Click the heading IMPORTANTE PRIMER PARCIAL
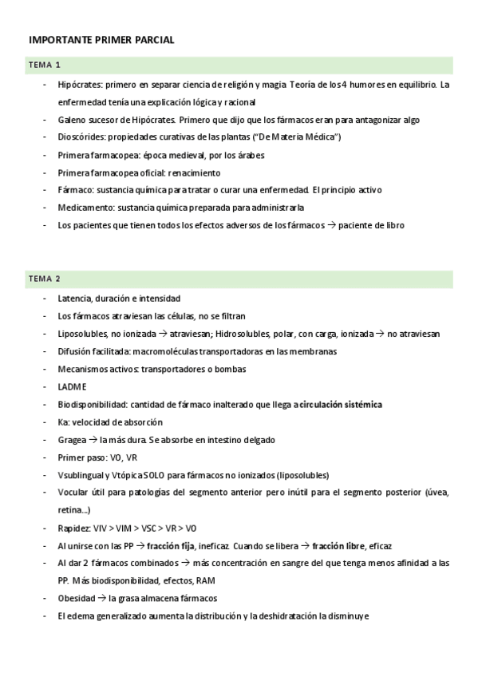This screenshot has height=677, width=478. tap(101, 40)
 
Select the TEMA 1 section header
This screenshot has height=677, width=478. tap(45, 65)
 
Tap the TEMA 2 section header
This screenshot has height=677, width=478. tap(45, 279)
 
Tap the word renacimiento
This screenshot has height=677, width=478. tap(193, 172)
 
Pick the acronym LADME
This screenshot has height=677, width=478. tap(72, 386)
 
